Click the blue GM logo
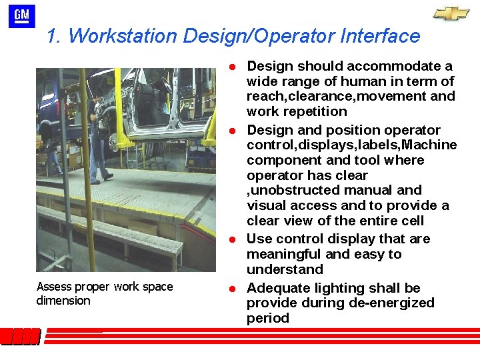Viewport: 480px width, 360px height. point(21,16)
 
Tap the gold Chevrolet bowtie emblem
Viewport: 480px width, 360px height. point(451,14)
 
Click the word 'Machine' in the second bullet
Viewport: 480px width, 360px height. point(431,145)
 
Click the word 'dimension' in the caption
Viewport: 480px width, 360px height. point(63,301)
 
